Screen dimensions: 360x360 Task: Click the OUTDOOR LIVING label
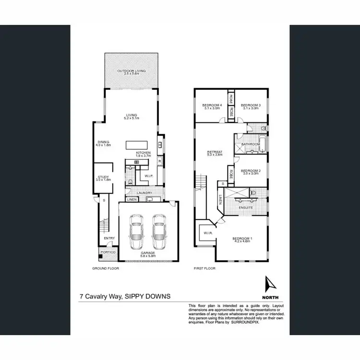click(x=132, y=71)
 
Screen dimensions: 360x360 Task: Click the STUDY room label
click(x=103, y=177)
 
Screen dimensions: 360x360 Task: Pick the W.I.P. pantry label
click(x=148, y=176)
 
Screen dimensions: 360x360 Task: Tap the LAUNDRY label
click(x=145, y=193)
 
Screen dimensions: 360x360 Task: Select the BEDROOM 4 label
click(x=211, y=105)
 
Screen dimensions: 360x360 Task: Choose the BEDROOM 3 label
click(x=250, y=105)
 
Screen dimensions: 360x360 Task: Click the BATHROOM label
click(x=251, y=144)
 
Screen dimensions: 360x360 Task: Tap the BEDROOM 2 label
click(x=251, y=171)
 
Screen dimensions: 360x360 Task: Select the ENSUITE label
click(x=246, y=208)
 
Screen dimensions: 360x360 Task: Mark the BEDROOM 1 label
click(x=241, y=239)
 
